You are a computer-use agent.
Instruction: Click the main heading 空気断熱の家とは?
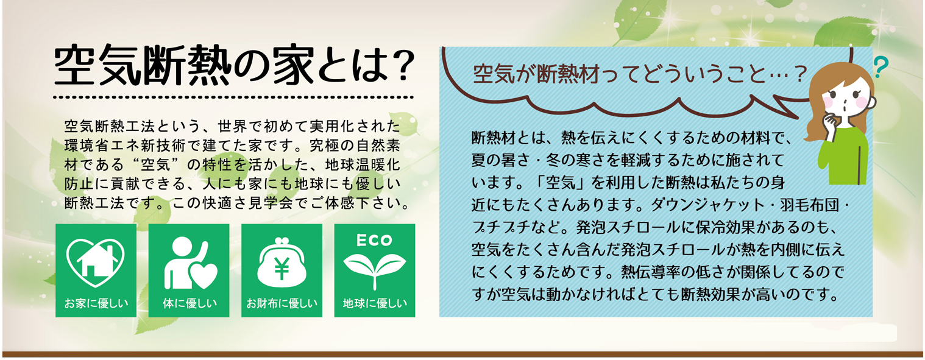coord(234,65)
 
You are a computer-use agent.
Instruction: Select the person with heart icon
coord(190,263)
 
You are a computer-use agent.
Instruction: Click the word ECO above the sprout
coord(374,240)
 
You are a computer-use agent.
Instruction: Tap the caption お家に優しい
coord(96,303)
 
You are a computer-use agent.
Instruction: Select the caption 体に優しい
coord(190,303)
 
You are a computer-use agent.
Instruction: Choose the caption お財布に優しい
coord(282,303)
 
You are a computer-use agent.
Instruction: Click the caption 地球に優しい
coord(375,303)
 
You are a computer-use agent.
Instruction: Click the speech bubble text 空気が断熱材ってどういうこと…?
coord(639,74)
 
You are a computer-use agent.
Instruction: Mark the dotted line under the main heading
coord(233,97)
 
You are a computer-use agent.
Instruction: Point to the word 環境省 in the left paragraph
coord(87,146)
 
